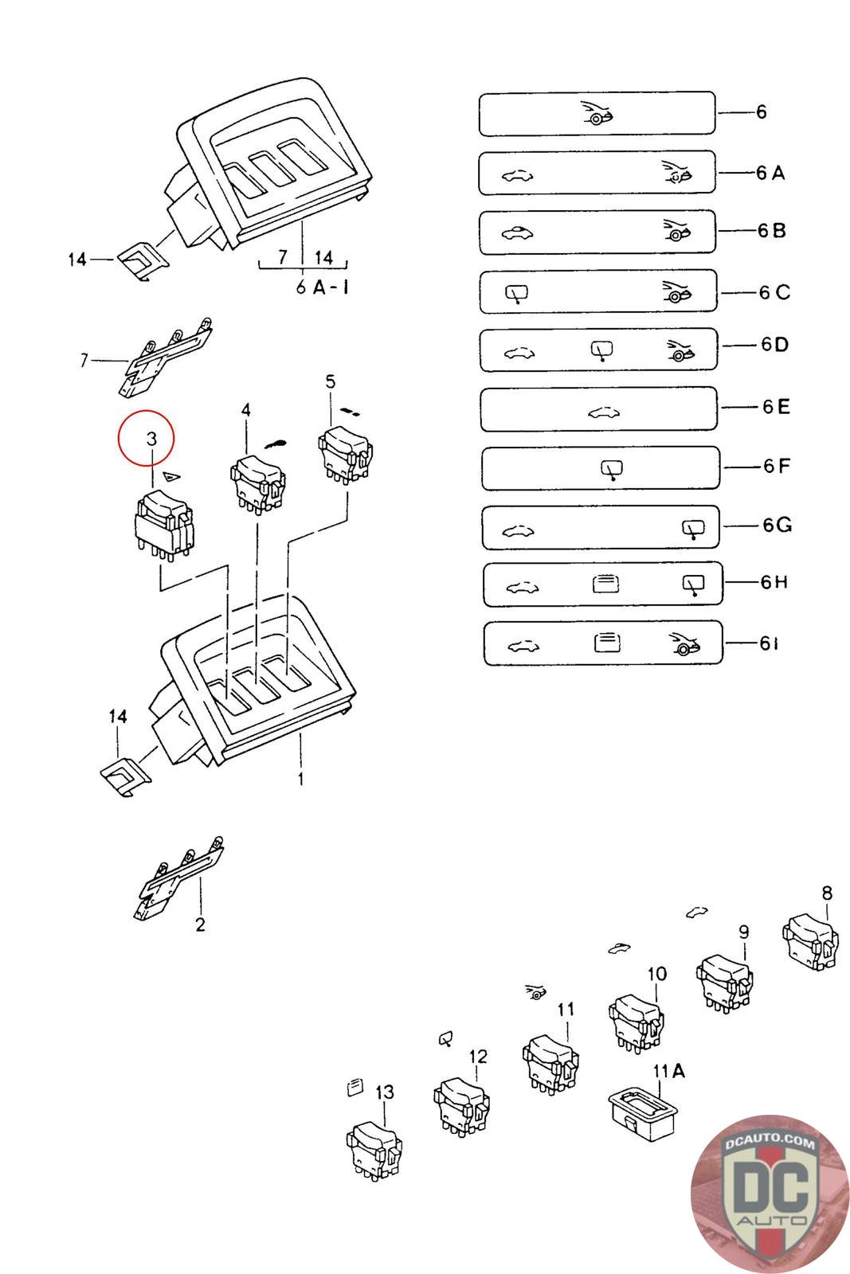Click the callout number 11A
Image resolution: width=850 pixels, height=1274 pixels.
pos(668,1071)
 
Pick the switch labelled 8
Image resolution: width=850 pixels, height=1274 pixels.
pos(812,944)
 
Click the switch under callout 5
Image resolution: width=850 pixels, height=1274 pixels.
pos(346,454)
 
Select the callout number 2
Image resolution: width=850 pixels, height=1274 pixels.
pos(200,924)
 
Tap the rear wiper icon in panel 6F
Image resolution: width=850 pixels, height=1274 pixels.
pos(612,471)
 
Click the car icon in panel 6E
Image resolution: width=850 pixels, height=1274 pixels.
pos(602,412)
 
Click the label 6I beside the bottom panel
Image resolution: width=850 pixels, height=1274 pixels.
pos(768,643)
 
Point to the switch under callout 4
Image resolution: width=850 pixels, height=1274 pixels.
pos(257,481)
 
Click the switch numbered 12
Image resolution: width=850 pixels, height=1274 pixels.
pos(462,1107)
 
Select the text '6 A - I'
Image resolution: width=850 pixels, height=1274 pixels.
pos(323,287)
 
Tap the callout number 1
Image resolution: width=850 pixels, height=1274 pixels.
pos(300,780)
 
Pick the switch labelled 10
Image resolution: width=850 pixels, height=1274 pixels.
pos(636,1021)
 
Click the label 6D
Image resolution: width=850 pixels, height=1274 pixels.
pos(774,345)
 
